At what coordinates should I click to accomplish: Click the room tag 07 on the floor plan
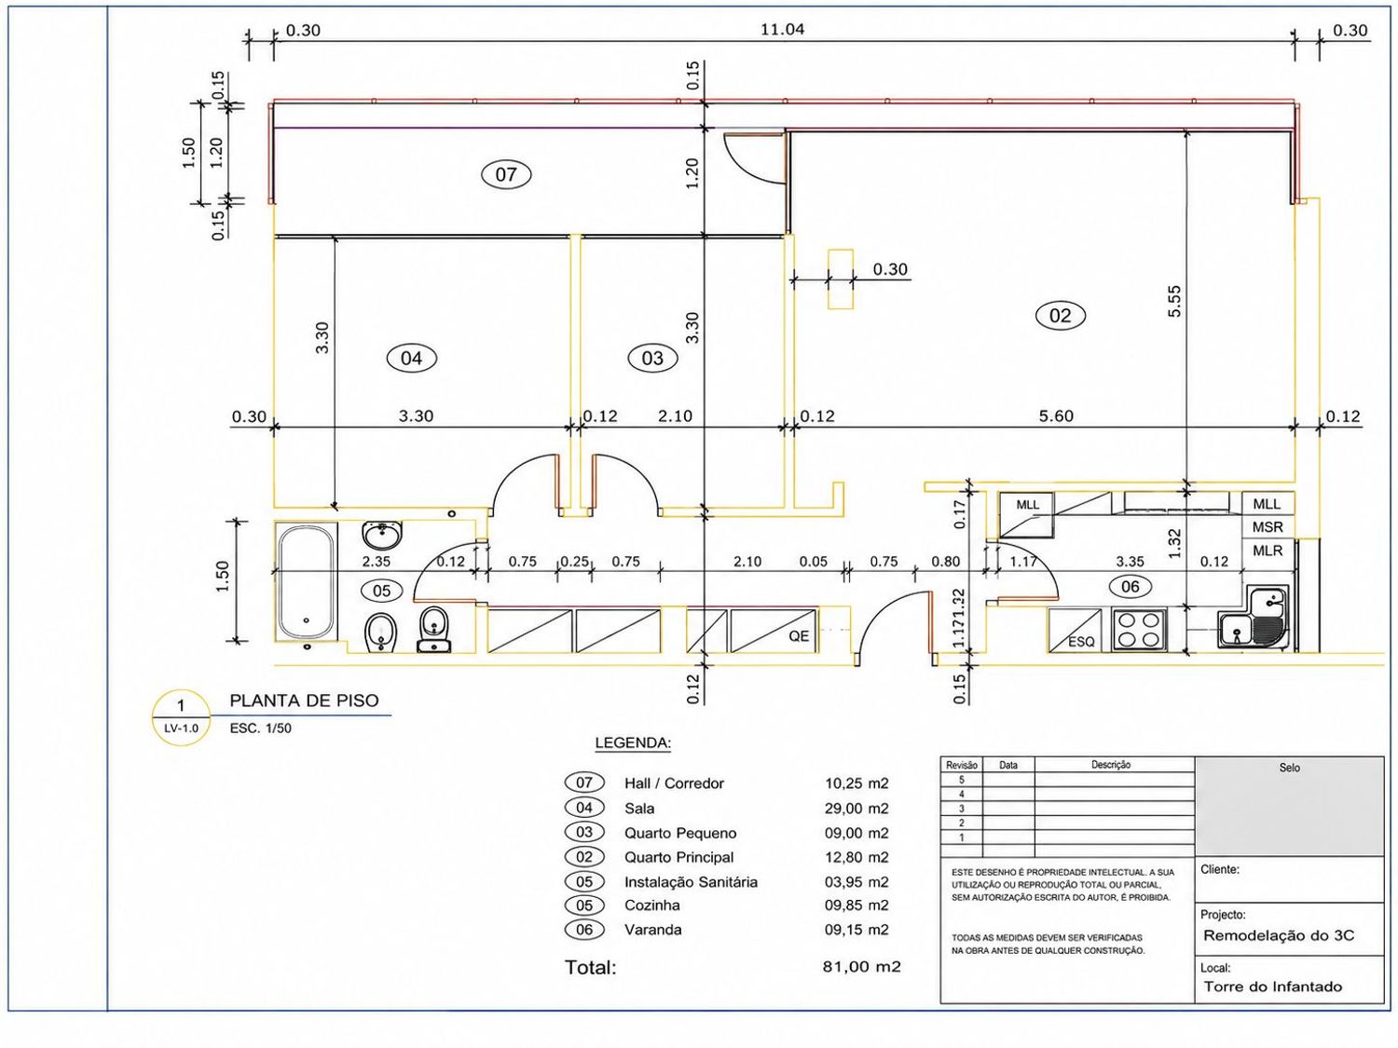506,173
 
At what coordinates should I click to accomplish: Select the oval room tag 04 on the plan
411,359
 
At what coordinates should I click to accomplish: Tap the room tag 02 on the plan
1060,315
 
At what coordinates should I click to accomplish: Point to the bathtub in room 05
306,581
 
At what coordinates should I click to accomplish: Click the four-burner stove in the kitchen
1140,629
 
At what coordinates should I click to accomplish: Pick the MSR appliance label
1267,527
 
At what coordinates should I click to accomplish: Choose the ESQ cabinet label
1081,642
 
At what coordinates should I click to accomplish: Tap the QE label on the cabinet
799,635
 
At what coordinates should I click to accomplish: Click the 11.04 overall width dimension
782,29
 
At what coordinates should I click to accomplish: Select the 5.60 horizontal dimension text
1056,416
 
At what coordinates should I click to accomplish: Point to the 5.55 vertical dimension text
1174,300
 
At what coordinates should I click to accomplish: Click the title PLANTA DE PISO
304,701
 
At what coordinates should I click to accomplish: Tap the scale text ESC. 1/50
260,728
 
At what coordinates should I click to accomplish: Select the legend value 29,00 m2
856,808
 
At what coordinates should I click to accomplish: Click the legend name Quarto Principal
678,857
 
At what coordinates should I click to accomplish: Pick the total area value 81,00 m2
862,967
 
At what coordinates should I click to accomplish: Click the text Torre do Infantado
1272,987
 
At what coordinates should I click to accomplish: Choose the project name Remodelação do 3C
1279,935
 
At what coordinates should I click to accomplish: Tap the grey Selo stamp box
1289,806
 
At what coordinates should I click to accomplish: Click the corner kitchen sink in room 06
1254,618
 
